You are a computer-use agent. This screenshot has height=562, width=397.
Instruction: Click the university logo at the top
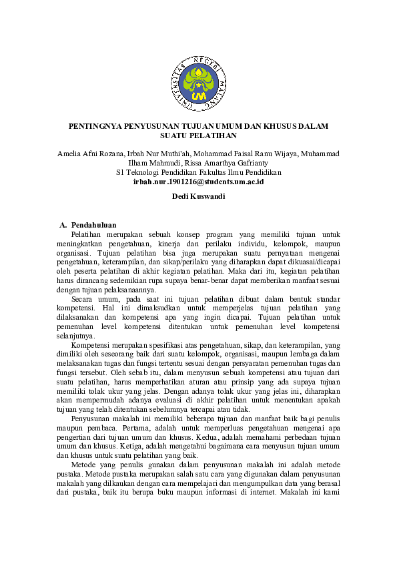(x=198, y=83)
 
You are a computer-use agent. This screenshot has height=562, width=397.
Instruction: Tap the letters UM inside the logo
(x=198, y=97)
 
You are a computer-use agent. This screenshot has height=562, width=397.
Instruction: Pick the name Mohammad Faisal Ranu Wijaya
(x=239, y=154)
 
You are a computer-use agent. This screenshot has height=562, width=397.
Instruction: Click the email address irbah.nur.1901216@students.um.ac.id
(x=198, y=182)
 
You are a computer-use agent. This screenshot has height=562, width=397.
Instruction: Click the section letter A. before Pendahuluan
(x=63, y=226)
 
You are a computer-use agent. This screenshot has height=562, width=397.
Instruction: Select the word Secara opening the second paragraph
(x=83, y=300)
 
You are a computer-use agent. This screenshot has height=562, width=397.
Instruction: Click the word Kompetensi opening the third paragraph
(x=91, y=345)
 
